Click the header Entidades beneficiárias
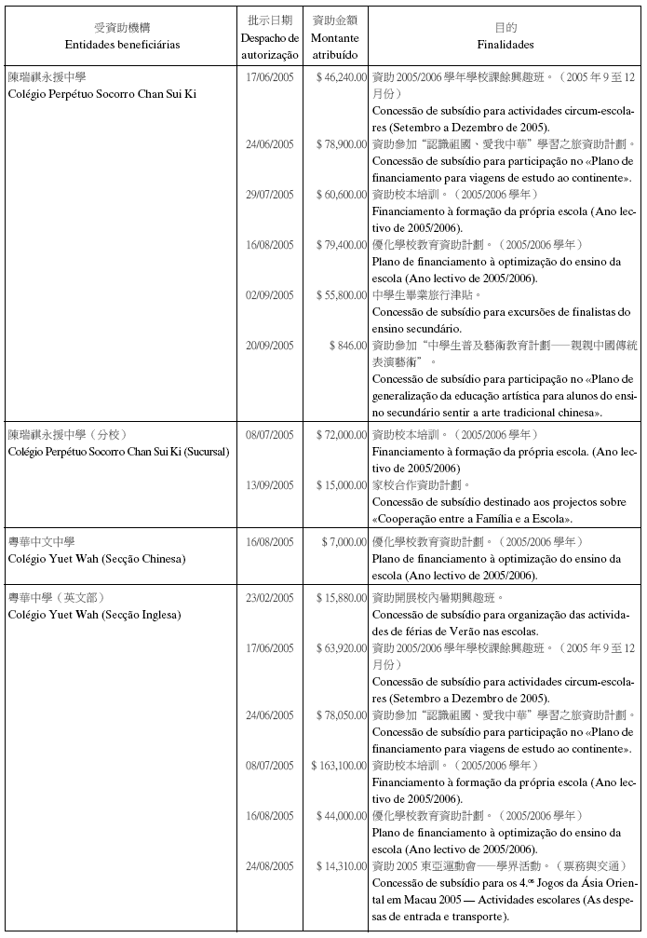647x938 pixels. coord(123,44)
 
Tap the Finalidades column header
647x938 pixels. coord(505,44)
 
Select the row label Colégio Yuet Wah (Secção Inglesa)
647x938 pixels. coord(94,615)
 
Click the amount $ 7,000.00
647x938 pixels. coord(344,541)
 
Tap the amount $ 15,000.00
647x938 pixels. coord(341,485)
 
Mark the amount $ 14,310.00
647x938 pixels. coord(341,865)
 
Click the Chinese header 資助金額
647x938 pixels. coord(335,20)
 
